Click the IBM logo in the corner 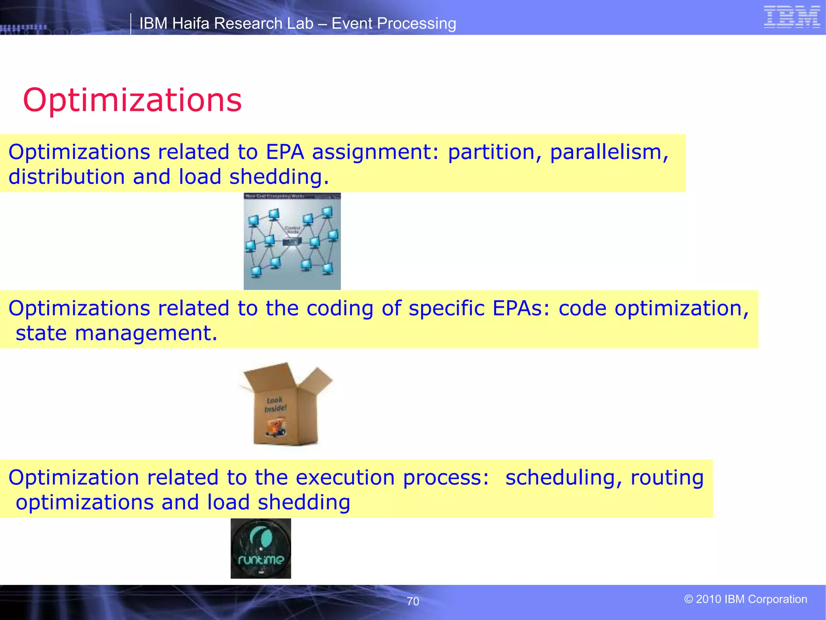pos(792,17)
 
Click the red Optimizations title pos(132,100)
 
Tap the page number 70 pos(413,601)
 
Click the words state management pos(116,333)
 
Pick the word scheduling pos(561,478)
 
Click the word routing pos(667,478)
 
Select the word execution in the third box pos(345,478)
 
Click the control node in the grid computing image pos(292,241)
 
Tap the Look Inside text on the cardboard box pos(275,404)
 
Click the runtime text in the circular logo pos(261,559)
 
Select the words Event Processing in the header pos(394,23)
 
